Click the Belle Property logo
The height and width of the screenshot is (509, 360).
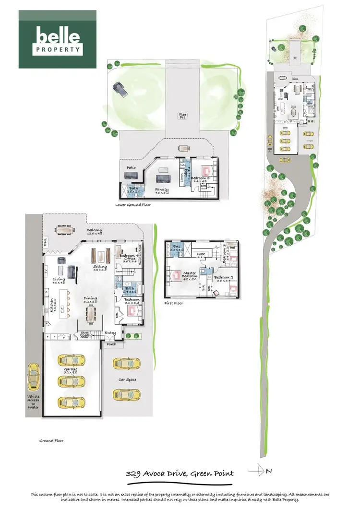(x=57, y=39)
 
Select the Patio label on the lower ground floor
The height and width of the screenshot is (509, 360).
(x=131, y=167)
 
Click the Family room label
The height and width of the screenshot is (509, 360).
(x=161, y=190)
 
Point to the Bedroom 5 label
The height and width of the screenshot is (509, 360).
(x=202, y=179)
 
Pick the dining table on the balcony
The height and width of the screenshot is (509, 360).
(x=64, y=230)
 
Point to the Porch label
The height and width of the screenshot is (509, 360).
(x=111, y=343)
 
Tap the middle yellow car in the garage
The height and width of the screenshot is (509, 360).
(x=71, y=381)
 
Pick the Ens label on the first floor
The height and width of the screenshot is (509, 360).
(x=176, y=247)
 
